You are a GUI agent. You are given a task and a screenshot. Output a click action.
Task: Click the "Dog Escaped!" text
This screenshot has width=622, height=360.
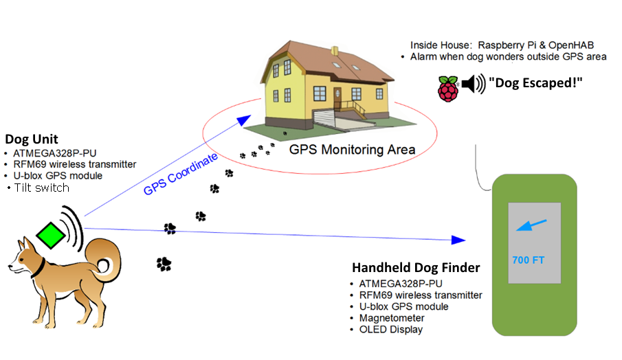point(535,84)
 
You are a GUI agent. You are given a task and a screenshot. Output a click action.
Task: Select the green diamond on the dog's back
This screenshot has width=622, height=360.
point(52,235)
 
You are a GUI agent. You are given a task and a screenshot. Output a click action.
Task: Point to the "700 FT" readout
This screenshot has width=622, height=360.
point(528,260)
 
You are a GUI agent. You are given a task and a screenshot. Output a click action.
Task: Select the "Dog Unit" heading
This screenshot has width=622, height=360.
point(31,139)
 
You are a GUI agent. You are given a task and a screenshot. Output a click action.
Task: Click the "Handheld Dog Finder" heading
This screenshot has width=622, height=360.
point(416,267)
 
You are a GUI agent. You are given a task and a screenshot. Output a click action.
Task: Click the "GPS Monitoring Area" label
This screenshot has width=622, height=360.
point(352,149)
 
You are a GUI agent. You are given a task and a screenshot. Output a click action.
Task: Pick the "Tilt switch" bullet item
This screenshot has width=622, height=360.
point(41,188)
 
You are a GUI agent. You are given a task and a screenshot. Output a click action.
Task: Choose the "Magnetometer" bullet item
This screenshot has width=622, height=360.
point(392,318)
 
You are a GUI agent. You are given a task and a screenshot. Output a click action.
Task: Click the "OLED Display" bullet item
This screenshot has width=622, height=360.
point(390,330)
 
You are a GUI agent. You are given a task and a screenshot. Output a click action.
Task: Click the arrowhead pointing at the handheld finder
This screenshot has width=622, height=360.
point(458,240)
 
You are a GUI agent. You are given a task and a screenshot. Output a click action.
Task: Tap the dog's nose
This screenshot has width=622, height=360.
point(10,267)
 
